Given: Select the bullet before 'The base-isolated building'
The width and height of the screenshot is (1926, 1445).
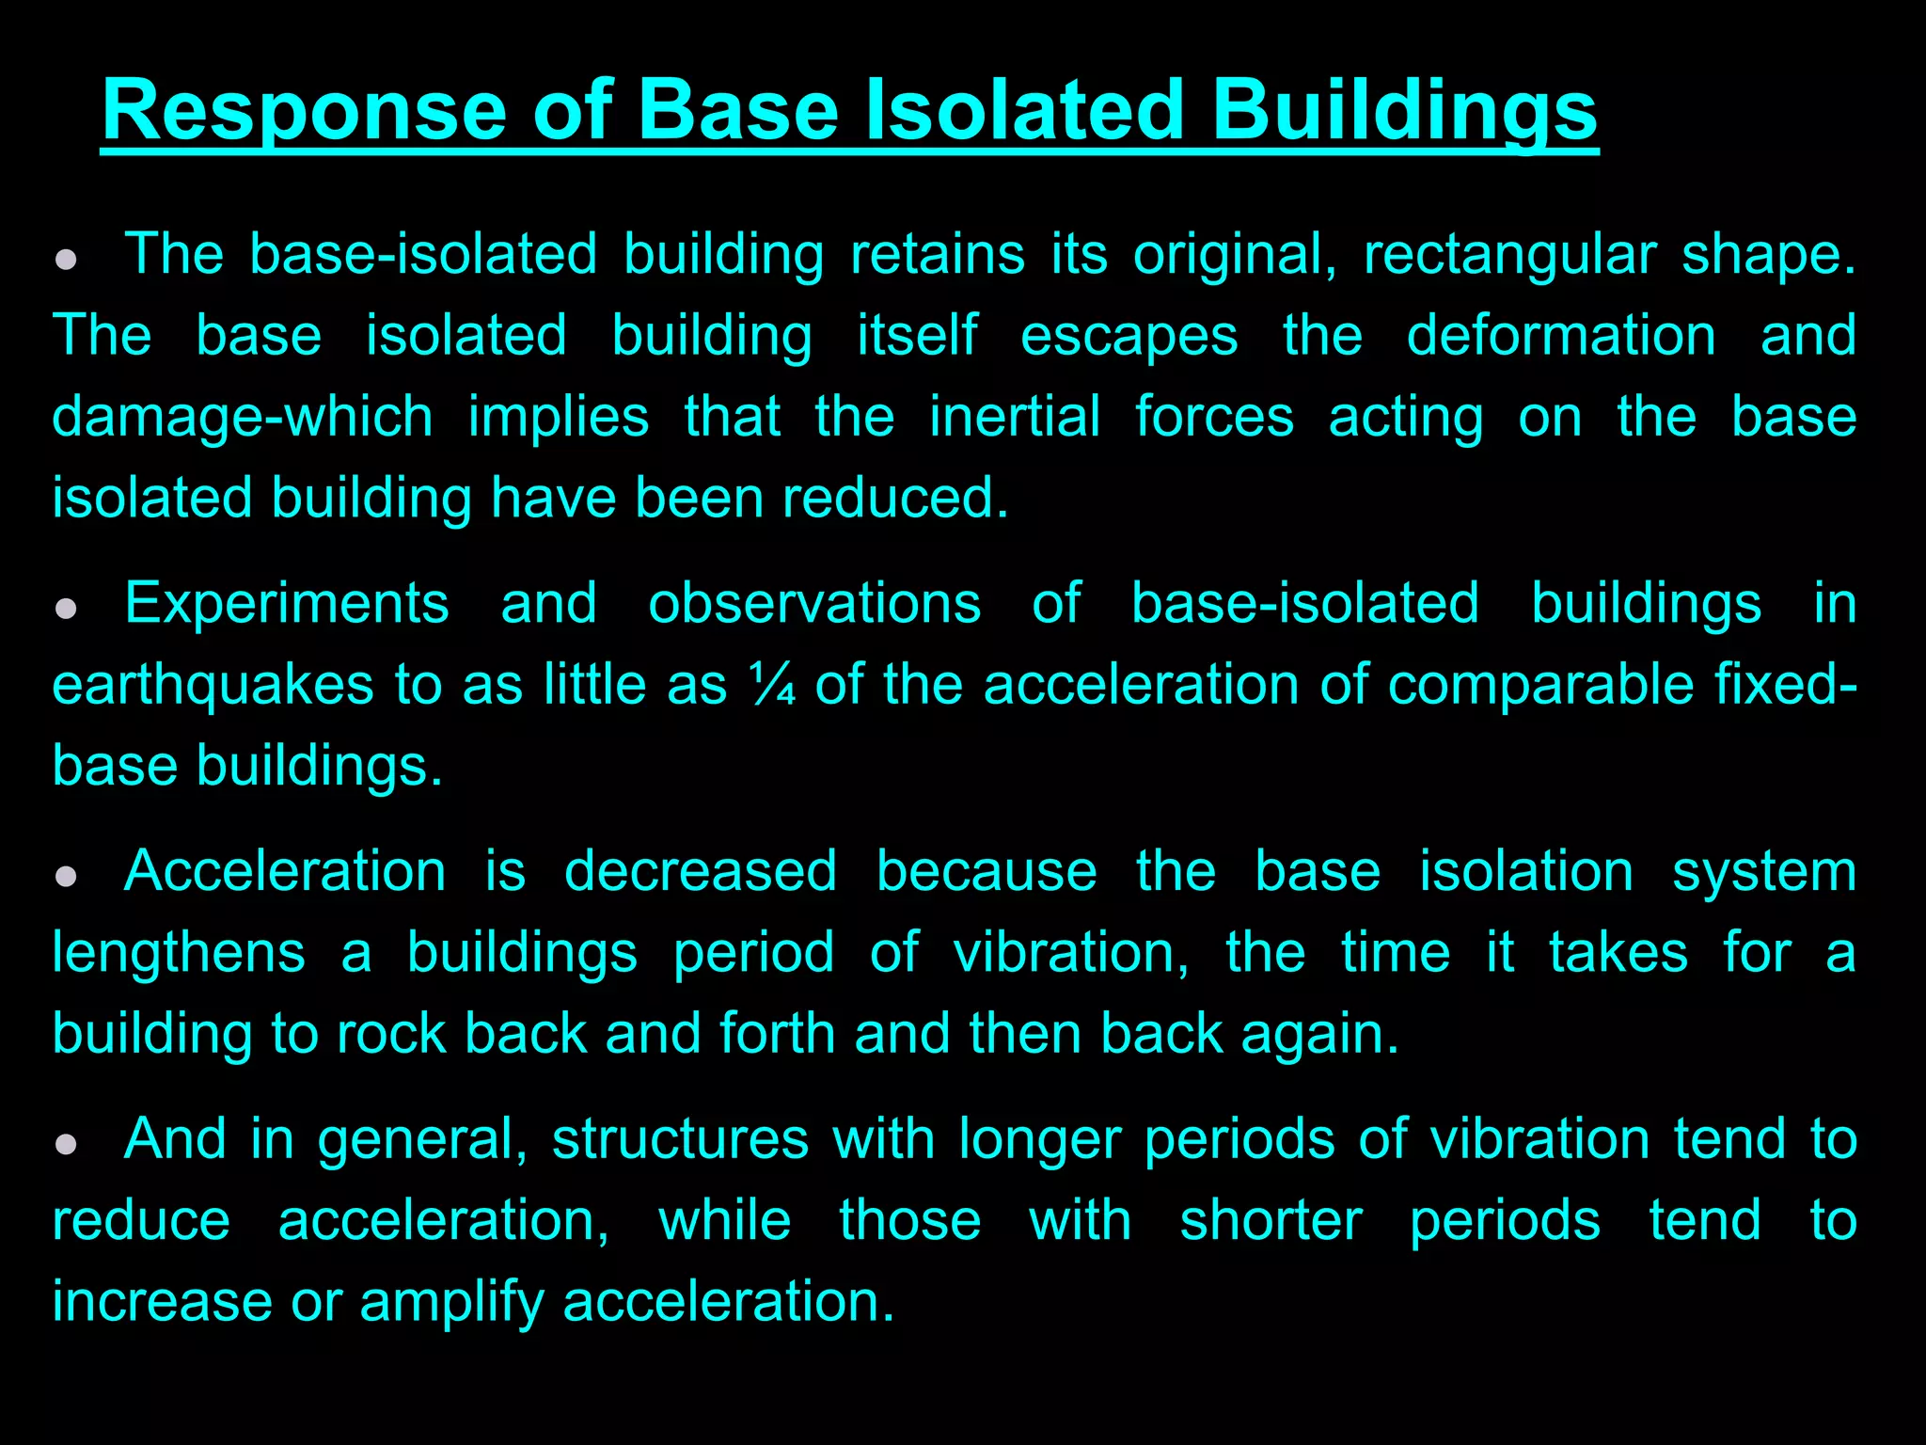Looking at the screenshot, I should pyautogui.click(x=66, y=260).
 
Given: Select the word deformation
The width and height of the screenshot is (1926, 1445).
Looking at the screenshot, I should pyautogui.click(x=1561, y=336).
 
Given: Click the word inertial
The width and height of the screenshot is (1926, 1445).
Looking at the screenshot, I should pyautogui.click(x=1014, y=417).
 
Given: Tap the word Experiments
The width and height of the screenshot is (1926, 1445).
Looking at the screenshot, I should pyautogui.click(x=287, y=604).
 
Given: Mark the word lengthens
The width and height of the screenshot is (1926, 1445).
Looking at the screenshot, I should pyautogui.click(x=179, y=952).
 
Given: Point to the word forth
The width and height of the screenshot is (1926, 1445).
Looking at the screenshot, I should pyautogui.click(x=777, y=1033).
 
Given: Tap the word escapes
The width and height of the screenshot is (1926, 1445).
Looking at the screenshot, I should pyautogui.click(x=1129, y=336).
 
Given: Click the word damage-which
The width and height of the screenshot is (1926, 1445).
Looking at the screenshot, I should pyautogui.click(x=243, y=417).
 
